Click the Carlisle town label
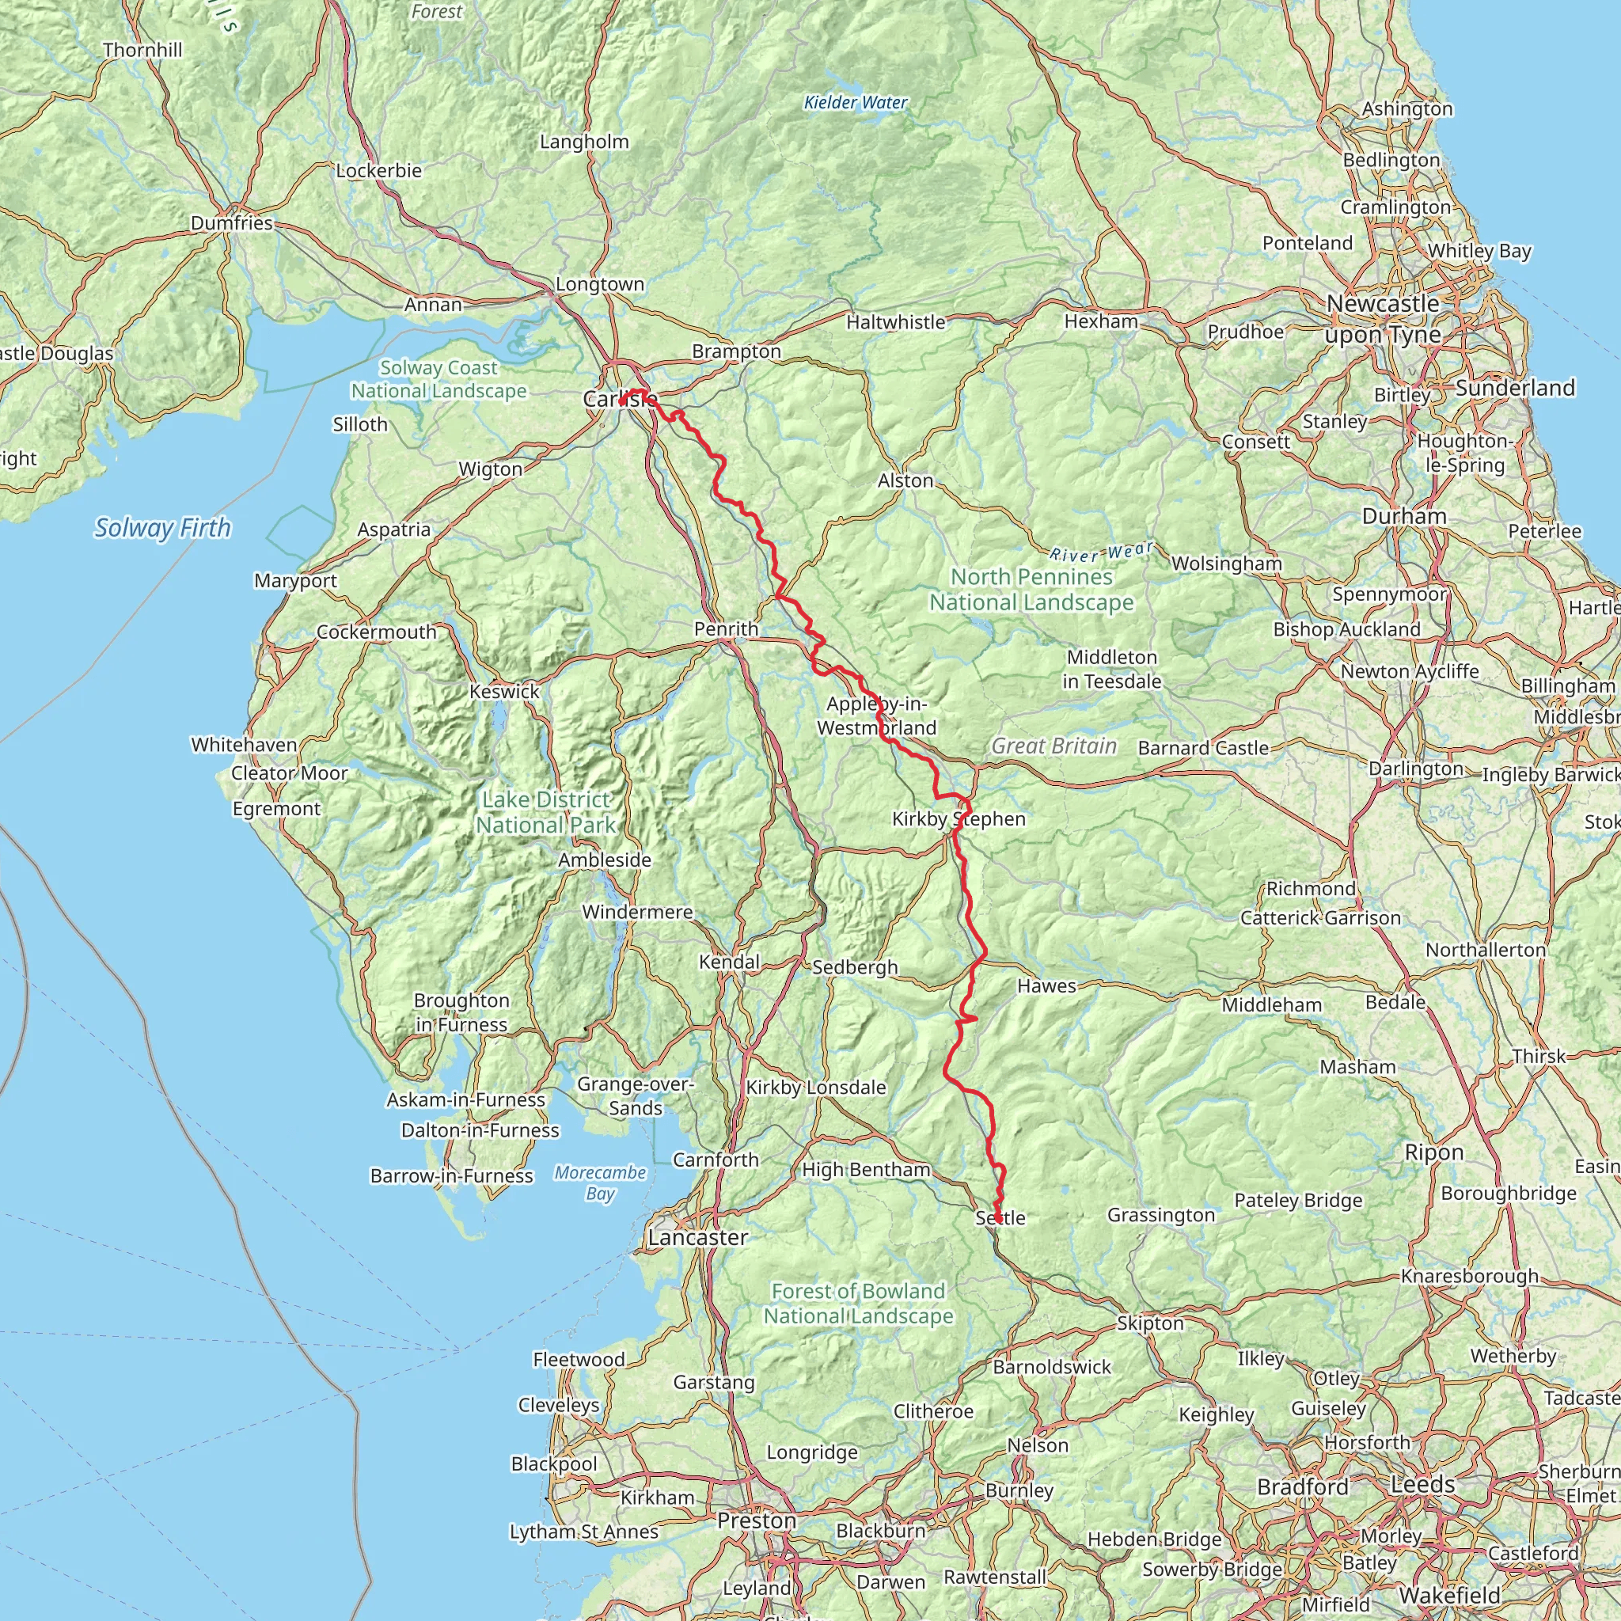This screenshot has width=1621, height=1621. [x=620, y=400]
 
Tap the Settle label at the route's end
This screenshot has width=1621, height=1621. [x=1000, y=1217]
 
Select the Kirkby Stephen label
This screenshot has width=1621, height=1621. [x=959, y=819]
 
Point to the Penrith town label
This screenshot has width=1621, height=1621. [x=726, y=629]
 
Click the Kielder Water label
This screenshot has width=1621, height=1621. [x=855, y=102]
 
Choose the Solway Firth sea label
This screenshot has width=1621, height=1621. [x=162, y=528]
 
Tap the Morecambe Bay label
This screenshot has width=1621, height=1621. [x=600, y=1183]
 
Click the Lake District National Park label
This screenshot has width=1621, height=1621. [x=545, y=812]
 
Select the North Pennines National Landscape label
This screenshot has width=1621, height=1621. [x=1031, y=590]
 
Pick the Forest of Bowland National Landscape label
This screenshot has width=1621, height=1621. [x=857, y=1304]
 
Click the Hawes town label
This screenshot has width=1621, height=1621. [x=1046, y=986]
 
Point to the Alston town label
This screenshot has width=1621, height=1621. [x=905, y=480]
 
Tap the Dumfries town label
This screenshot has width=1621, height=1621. [x=232, y=223]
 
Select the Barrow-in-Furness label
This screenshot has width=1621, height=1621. [x=451, y=1176]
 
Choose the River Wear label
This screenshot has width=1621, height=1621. [x=1102, y=552]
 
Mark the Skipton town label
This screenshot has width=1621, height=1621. [x=1149, y=1323]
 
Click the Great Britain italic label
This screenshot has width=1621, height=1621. [x=1053, y=746]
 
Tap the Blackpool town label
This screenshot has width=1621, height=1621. [x=554, y=1463]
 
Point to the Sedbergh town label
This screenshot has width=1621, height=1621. [x=854, y=967]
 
